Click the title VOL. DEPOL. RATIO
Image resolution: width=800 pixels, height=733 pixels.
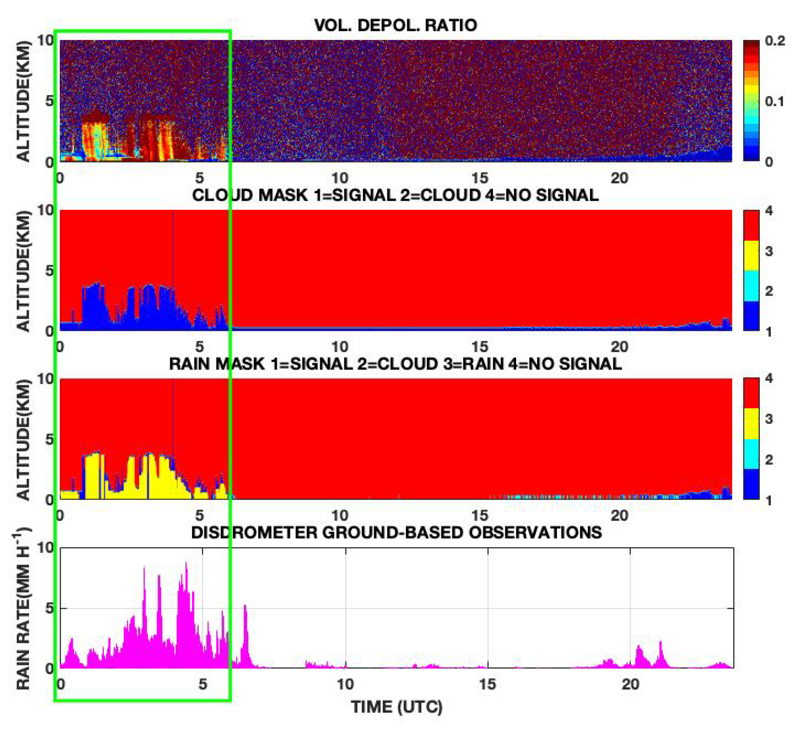395,25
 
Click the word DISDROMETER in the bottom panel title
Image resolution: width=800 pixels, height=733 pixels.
255,532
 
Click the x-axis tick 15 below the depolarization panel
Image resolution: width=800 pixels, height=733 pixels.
480,178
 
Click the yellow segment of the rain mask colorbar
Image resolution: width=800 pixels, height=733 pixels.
751,424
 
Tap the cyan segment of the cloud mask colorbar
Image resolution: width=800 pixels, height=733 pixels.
751,286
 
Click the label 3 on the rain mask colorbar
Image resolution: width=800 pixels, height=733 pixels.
769,419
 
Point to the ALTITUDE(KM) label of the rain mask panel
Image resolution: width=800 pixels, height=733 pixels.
24,440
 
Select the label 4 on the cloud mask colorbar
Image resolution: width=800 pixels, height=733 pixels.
769,211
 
